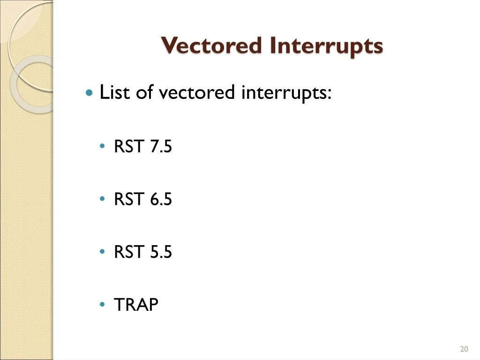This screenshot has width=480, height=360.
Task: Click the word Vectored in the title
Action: [211, 45]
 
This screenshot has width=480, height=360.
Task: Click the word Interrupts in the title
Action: [326, 46]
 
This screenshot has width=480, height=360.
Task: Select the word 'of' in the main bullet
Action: [144, 92]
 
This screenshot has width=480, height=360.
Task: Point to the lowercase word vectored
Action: [197, 92]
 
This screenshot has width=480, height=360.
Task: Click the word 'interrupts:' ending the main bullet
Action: [286, 93]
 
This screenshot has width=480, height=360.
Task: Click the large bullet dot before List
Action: [89, 92]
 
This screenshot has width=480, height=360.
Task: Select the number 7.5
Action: [161, 146]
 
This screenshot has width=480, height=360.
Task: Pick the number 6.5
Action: [161, 199]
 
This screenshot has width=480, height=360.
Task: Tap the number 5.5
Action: [161, 252]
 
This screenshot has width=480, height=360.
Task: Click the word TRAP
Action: [136, 305]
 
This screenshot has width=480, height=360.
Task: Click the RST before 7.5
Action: [129, 146]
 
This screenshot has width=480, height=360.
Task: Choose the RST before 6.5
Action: [129, 199]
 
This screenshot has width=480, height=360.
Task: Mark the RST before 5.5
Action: [129, 252]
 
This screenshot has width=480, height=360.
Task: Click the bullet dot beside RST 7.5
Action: [102, 146]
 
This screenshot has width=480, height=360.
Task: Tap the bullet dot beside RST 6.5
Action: [102, 199]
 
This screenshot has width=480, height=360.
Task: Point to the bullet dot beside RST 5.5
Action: [102, 252]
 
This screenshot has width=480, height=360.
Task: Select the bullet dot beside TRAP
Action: [102, 304]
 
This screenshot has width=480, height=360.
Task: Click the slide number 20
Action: [464, 349]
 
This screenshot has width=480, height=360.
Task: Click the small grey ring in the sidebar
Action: [14, 84]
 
